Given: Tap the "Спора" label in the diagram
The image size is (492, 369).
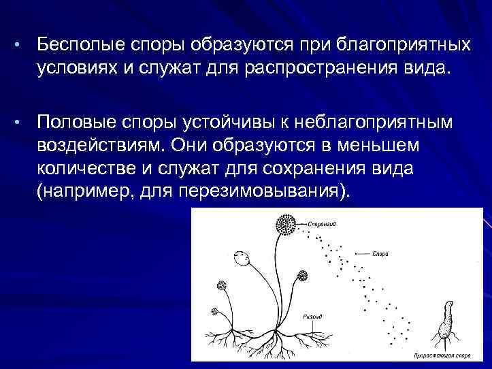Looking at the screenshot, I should coord(380,253).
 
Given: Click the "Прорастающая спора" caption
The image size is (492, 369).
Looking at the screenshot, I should coord(443,355).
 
